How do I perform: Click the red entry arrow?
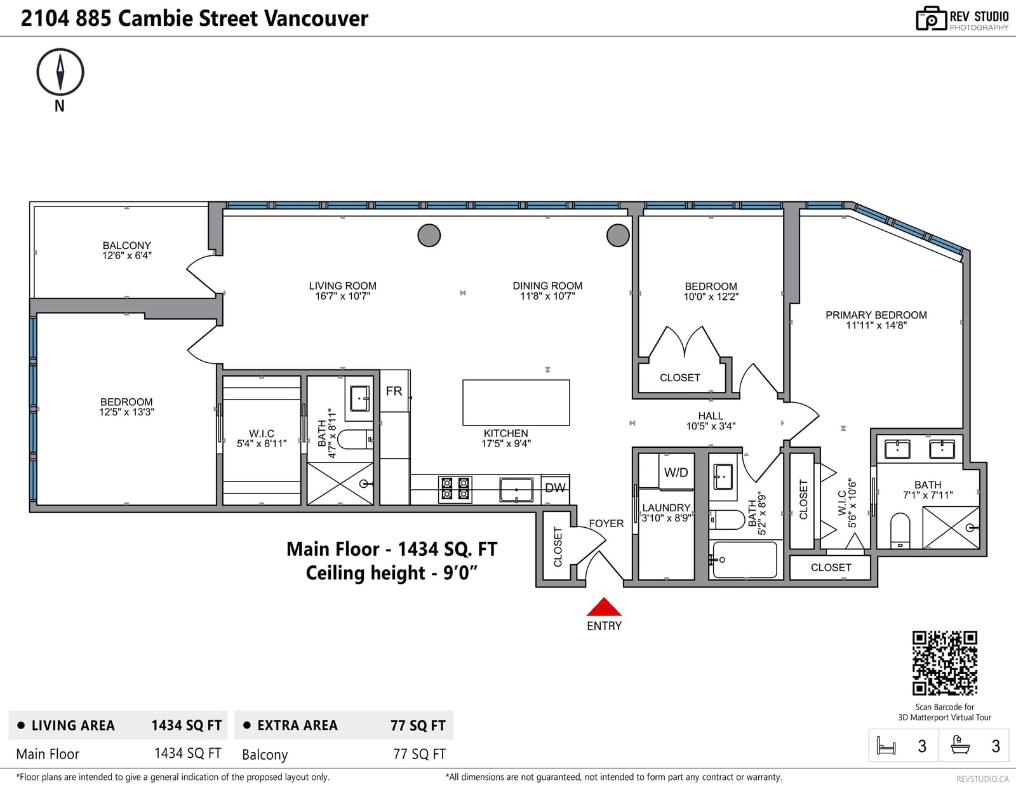pos(604,607)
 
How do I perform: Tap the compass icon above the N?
pos(60,72)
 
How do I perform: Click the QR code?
pos(945,663)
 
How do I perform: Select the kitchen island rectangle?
pos(516,403)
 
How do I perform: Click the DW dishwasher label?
pos(556,488)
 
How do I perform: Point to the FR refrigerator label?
pos(394,391)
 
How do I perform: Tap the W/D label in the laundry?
pos(676,473)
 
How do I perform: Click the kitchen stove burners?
pos(455,489)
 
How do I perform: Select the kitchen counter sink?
pos(516,490)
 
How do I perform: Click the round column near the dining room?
pos(618,235)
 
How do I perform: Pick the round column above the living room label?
pos(429,235)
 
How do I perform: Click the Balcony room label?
pos(127,245)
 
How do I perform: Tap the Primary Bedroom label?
pos(876,315)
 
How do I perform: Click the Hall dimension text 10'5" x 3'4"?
pos(711,426)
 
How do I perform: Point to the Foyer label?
pos(606,523)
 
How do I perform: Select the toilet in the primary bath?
pos(900,530)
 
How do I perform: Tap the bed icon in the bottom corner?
pos(886,746)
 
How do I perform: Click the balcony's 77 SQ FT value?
pos(419,754)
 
